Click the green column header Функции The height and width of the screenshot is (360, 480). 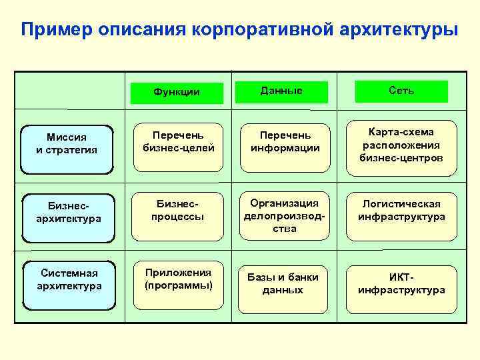177,92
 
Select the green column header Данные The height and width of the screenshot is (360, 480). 281,91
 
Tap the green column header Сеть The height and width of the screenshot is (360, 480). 401,91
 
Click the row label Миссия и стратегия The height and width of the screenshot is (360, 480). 67,143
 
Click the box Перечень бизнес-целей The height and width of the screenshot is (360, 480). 179,142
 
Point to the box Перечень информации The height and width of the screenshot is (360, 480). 285,142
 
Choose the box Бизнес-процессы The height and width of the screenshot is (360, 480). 178,211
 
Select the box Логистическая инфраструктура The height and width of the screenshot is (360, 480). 401,211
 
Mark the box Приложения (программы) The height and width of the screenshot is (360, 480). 178,279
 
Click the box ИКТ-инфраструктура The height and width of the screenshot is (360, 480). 401,283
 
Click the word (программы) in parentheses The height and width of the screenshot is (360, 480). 178,285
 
